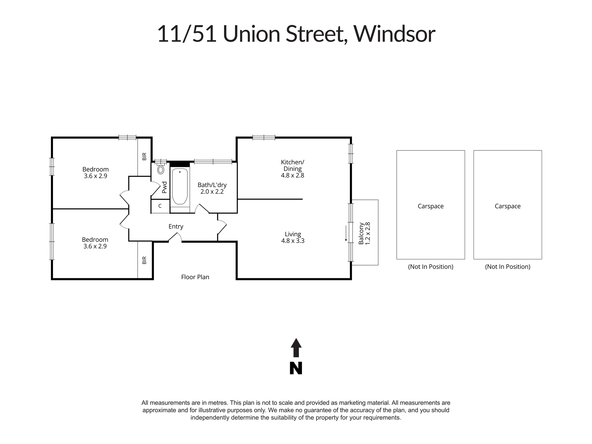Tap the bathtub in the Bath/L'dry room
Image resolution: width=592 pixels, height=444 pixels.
coord(180,186)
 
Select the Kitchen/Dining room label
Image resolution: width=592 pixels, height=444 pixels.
coord(292,169)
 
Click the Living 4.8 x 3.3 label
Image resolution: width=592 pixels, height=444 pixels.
coord(293,237)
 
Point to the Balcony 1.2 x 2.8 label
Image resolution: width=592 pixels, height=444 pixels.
coord(364,234)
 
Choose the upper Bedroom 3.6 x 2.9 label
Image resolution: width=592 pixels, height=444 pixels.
coord(95,173)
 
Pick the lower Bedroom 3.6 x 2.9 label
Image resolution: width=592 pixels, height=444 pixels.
coord(95,243)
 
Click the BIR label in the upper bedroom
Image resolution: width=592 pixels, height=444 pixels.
coord(144,156)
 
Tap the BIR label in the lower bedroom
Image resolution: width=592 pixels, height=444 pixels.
coord(144,260)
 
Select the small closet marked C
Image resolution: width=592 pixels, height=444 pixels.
coord(160,206)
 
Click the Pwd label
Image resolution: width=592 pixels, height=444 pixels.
coord(165,187)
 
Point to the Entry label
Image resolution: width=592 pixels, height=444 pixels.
coord(176,226)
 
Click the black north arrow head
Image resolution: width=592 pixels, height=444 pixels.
coord(296,343)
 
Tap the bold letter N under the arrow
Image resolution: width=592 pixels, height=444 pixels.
coord(296,369)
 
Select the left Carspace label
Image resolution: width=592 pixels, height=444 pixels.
coord(431,206)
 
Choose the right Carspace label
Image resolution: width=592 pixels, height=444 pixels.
coord(508,206)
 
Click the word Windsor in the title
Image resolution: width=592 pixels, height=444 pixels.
coord(395,34)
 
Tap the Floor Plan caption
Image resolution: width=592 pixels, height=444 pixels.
coord(195,277)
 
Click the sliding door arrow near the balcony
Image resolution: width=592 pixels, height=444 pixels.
coord(346,234)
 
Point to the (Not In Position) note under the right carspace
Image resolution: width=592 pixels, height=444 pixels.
coord(508,267)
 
